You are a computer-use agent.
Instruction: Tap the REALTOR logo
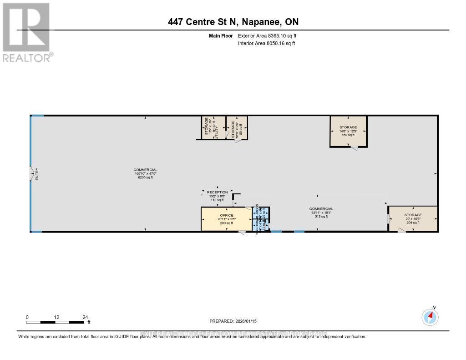pos(26,32)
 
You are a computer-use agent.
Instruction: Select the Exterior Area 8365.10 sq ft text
pos(267,35)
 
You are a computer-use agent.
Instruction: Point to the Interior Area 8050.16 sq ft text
pos(266,44)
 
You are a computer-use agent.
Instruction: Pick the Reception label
pos(217,193)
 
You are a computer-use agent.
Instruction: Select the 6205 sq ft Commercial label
pos(145,173)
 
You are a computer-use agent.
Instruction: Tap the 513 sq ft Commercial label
pos(322,213)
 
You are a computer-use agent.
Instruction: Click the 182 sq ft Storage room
pos(348,131)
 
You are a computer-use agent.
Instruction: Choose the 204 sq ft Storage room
pos(413,218)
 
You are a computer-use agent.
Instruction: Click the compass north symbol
pos(430,317)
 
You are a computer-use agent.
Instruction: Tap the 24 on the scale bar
pos(85,317)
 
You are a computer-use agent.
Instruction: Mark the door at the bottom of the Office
pos(242,233)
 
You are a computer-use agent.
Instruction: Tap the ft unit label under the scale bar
pos(89,323)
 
